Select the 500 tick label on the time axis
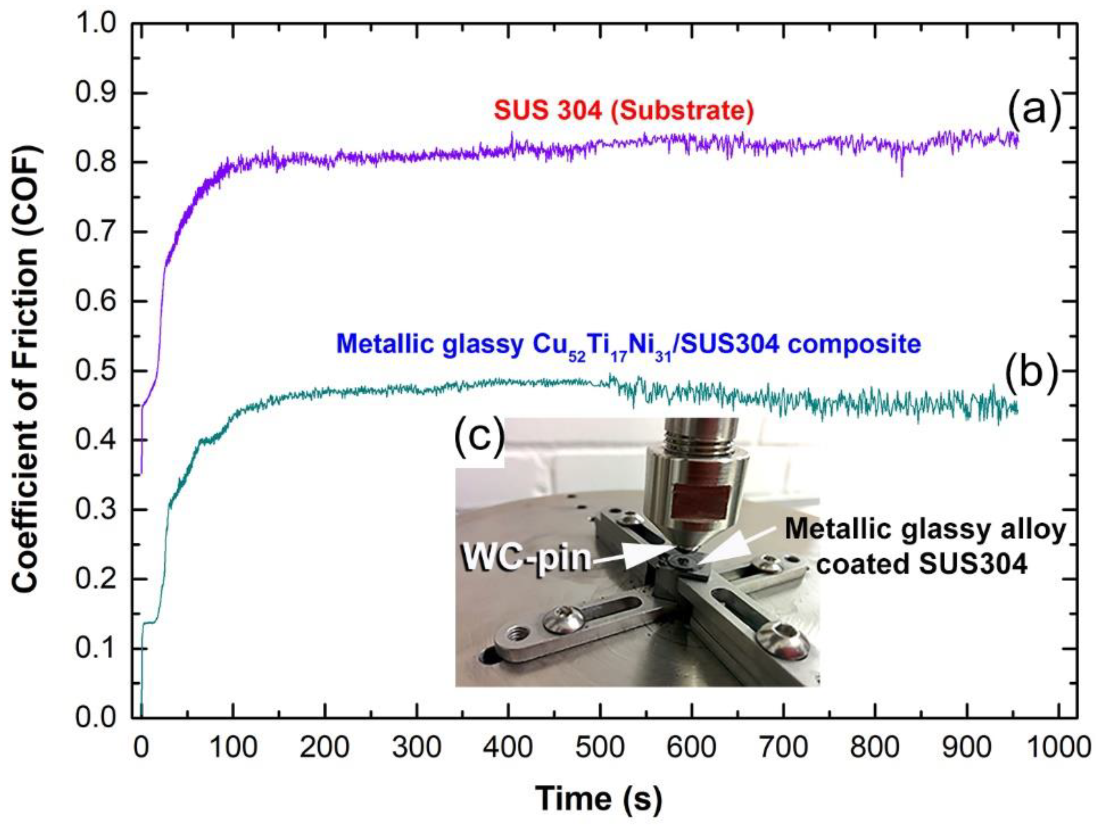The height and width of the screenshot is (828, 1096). pos(600,747)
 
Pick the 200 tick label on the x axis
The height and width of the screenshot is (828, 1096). pos(324,747)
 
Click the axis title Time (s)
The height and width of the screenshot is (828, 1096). pos(599,798)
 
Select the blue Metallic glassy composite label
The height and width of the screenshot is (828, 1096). pos(628,344)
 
